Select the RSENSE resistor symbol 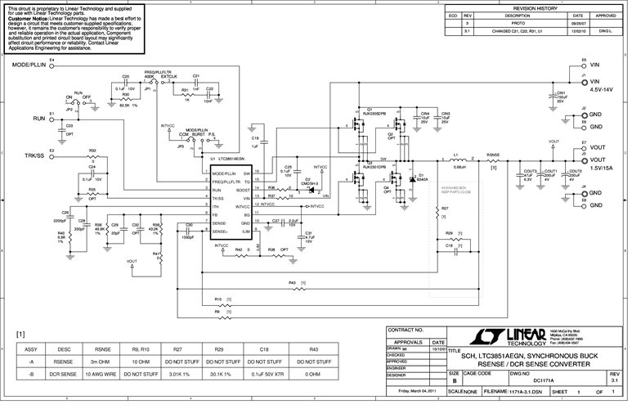pos(493,160)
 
